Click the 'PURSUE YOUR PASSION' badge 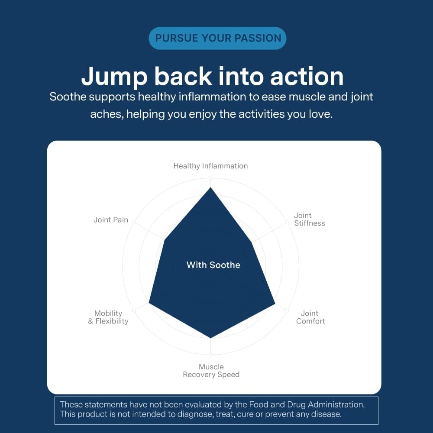[x=218, y=38]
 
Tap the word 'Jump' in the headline [x=114, y=77]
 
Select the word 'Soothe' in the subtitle [x=68, y=97]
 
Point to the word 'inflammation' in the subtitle [x=212, y=97]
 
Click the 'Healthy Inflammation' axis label [x=210, y=166]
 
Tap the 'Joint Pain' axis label [x=111, y=220]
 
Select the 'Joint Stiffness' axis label [x=309, y=219]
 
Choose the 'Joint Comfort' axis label [x=310, y=317]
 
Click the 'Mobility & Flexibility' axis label [x=108, y=317]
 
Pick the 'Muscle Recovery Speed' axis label [x=211, y=371]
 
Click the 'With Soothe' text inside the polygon [x=213, y=265]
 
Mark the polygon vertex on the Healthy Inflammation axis [x=211, y=187]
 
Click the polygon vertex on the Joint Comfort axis [x=275, y=304]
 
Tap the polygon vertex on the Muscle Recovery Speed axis [x=211, y=338]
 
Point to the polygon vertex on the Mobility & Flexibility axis [x=149, y=303]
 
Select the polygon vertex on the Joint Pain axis [x=165, y=240]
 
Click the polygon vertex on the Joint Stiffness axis [x=252, y=242]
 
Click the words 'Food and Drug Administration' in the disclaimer [x=307, y=404]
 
